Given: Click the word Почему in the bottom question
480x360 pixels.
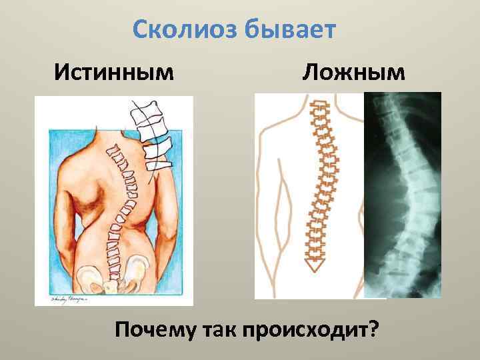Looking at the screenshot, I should point(155,329).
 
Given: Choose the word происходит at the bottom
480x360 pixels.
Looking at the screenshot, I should point(304,329).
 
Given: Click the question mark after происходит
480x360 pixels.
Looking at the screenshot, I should point(371,329).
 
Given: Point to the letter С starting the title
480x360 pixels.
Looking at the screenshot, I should point(140,29).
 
